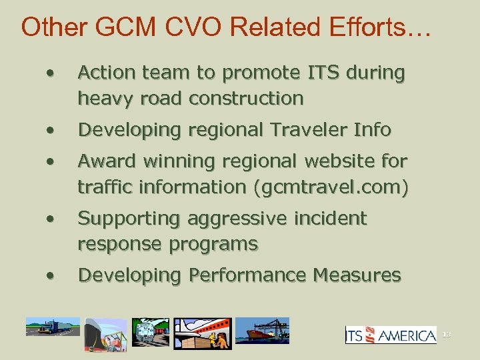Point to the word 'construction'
pos(246,99)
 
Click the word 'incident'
pos(331,219)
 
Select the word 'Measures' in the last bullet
pos(360,275)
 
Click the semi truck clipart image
pos(52,327)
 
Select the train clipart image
pos(151,331)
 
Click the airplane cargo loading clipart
pos(203,333)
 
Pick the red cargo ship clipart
pos(263,330)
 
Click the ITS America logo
pos(391,335)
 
